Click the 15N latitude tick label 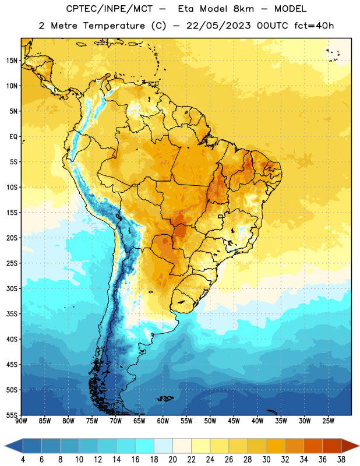click(x=12, y=61)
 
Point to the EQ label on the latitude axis click(x=13, y=137)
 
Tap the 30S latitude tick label click(x=12, y=288)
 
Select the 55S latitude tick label click(x=12, y=415)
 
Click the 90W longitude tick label click(x=21, y=421)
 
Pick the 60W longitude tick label click(x=163, y=421)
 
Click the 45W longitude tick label click(x=234, y=421)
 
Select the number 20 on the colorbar click(x=172, y=460)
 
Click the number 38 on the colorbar click(x=341, y=460)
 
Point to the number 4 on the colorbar click(x=23, y=460)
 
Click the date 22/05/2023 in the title click(x=218, y=26)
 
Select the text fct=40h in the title click(x=314, y=26)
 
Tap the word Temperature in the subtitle click(x=114, y=26)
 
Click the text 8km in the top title click(x=243, y=9)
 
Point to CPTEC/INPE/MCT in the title click(x=110, y=9)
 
